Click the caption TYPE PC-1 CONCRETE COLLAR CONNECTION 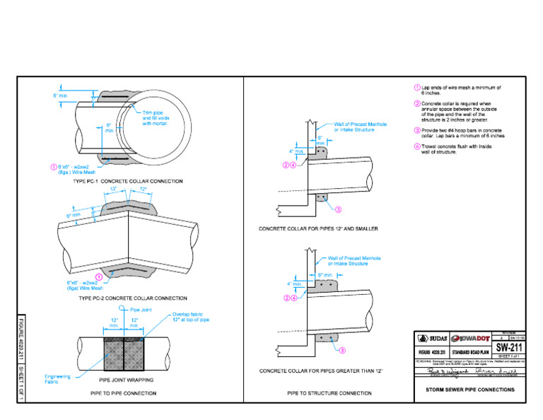click(x=129, y=182)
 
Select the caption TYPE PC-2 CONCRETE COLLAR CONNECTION click(x=133, y=298)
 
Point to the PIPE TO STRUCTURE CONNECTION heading click(x=329, y=392)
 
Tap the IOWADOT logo click(x=469, y=337)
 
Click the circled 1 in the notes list click(x=417, y=88)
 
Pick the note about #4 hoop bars click(x=463, y=133)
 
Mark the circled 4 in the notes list click(x=417, y=146)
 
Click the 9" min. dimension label click(x=326, y=274)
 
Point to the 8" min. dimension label click(x=59, y=95)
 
